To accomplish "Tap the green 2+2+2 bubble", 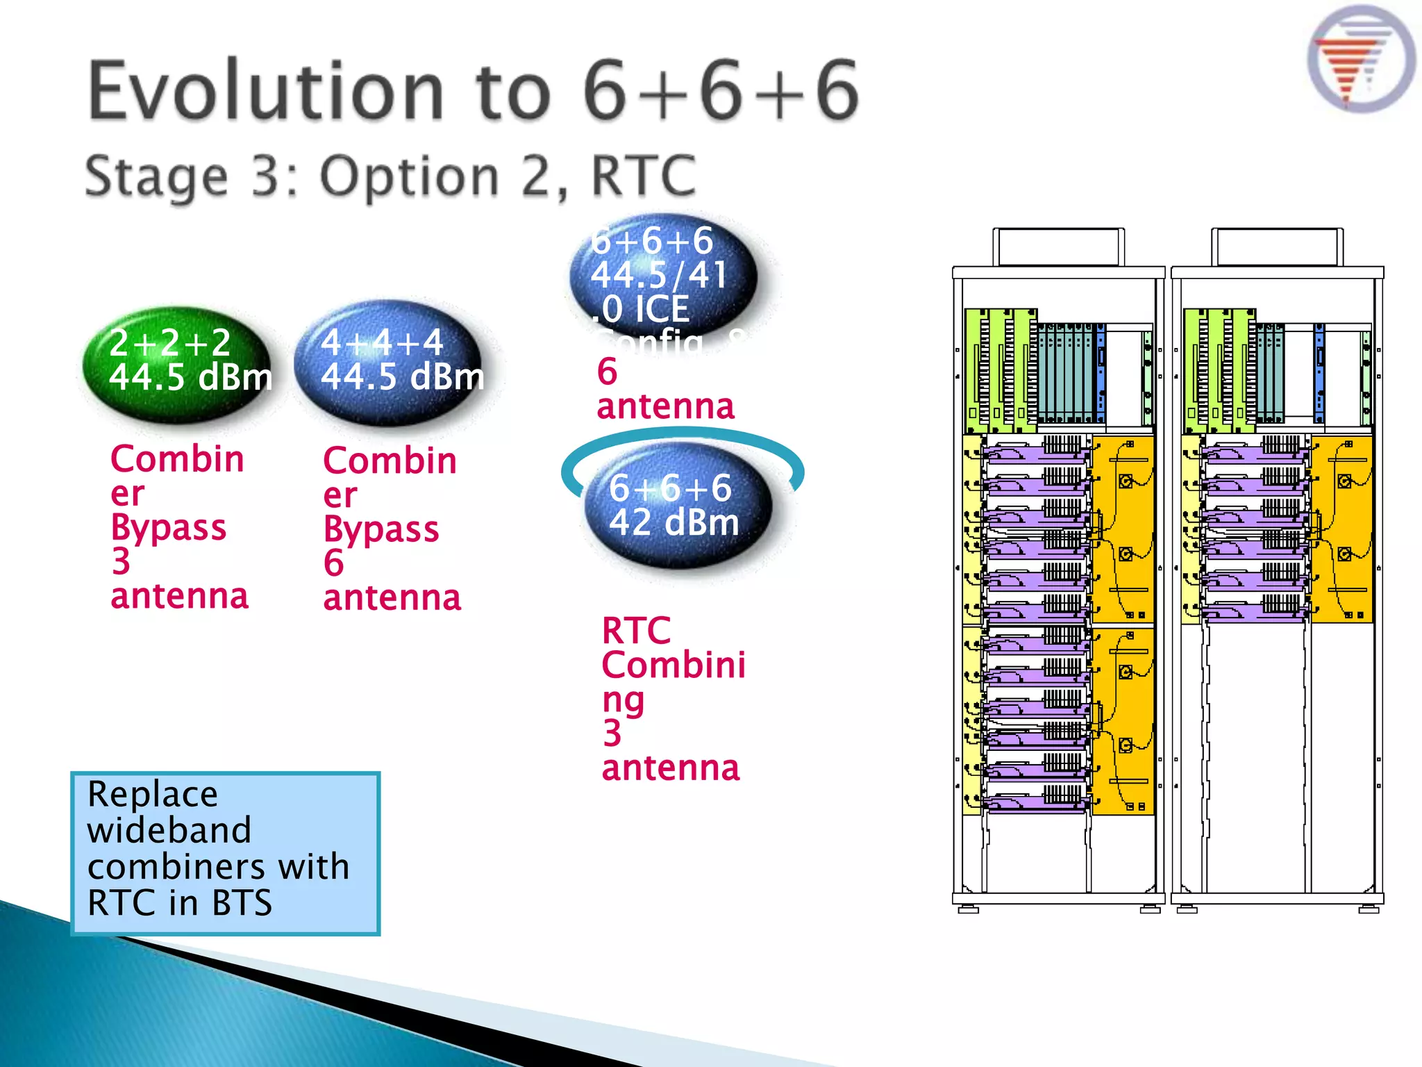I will (177, 365).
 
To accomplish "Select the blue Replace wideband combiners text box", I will (226, 853).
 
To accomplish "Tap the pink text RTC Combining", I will (672, 665).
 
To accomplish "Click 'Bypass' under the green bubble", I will (169, 527).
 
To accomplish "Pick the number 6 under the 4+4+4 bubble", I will (334, 563).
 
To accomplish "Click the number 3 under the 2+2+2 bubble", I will (122, 561).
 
